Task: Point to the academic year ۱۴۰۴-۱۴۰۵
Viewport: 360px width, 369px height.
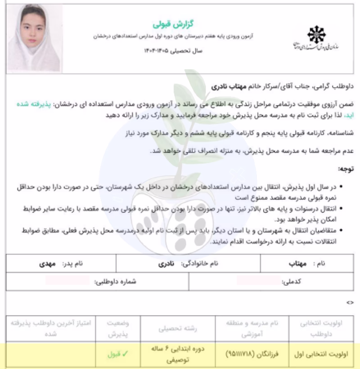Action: click(173, 51)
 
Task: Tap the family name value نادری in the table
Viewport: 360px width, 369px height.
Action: click(165, 264)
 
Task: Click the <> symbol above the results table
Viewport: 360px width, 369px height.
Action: click(350, 302)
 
